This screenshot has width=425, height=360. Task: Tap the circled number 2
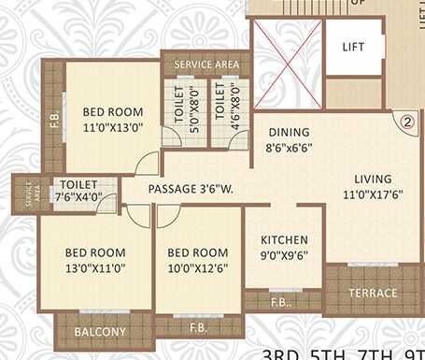pyautogui.click(x=407, y=121)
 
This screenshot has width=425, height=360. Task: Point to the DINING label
pyautogui.click(x=285, y=133)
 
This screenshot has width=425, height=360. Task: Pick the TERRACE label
pyautogui.click(x=372, y=293)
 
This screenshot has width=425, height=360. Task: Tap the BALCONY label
pyautogui.click(x=100, y=332)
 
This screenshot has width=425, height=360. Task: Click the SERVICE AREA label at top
pyautogui.click(x=201, y=65)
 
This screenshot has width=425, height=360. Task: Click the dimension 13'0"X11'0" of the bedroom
pyautogui.click(x=95, y=267)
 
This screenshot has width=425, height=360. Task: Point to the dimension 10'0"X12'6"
pyautogui.click(x=197, y=267)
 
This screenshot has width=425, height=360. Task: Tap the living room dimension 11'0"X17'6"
pyautogui.click(x=372, y=196)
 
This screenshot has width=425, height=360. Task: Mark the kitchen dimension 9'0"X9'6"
pyautogui.click(x=284, y=255)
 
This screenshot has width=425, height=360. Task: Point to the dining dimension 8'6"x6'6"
pyautogui.click(x=285, y=148)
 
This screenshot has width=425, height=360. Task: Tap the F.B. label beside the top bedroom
pyautogui.click(x=53, y=119)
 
